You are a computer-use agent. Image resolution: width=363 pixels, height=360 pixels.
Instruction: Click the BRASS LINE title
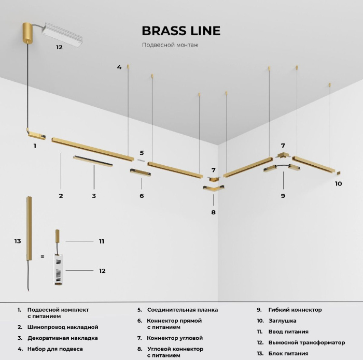181,31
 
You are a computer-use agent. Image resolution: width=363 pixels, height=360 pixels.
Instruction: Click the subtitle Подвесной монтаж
170,45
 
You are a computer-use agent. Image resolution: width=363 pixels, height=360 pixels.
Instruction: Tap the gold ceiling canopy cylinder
28,32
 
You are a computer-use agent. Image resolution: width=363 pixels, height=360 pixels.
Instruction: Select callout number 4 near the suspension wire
119,67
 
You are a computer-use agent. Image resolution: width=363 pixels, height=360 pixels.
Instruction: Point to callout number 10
338,183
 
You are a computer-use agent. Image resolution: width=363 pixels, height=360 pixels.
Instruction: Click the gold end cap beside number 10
338,172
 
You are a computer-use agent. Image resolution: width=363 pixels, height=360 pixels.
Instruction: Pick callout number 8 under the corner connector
213,212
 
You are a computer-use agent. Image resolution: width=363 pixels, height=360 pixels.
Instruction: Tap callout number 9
283,196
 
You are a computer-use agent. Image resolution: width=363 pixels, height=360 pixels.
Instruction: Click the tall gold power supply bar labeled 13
29,228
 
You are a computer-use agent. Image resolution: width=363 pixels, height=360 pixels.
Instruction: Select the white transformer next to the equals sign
58,269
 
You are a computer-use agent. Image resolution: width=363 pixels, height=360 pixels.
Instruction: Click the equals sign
43,256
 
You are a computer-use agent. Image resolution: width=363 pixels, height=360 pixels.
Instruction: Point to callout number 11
102,241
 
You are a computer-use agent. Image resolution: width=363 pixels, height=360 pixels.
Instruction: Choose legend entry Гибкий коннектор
295,310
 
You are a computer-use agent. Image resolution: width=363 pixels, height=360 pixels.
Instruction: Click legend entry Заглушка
283,321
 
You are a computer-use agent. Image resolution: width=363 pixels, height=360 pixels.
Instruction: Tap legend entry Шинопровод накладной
63,327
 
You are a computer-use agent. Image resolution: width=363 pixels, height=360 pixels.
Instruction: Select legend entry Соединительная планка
183,310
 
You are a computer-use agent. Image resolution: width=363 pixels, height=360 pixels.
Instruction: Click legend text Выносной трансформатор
307,342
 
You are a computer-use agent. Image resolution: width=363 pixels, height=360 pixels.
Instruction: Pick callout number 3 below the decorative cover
94,196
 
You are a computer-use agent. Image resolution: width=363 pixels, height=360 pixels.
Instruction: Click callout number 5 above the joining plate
142,153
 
